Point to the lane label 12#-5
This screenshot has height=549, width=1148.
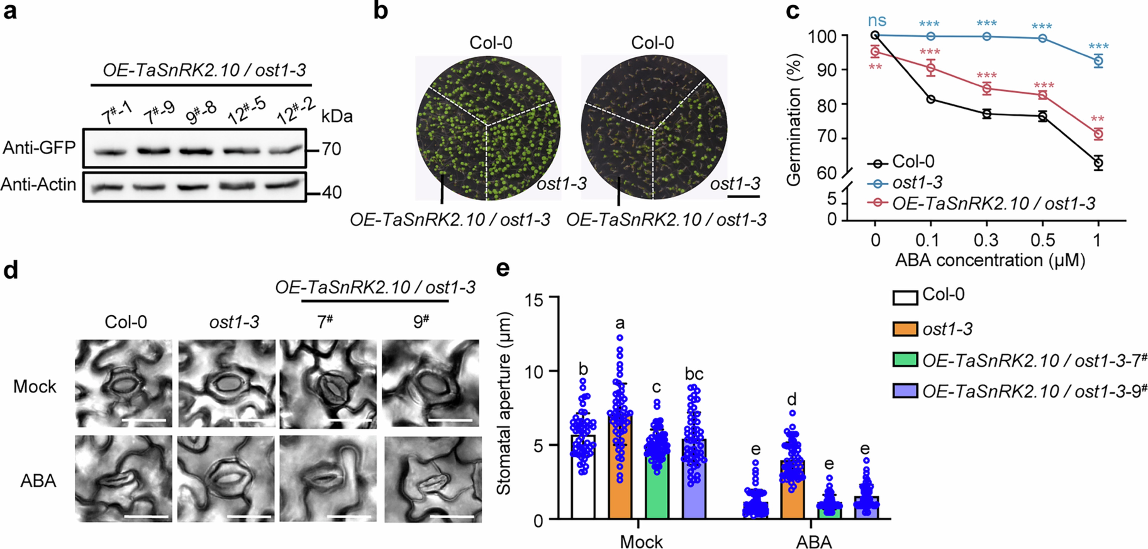246,111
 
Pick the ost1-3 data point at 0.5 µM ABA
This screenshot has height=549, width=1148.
1042,38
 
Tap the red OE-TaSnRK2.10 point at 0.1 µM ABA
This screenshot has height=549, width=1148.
931,68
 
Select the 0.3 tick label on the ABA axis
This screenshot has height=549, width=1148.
986,241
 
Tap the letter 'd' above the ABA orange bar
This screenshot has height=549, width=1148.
792,400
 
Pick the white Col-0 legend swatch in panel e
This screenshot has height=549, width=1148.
905,297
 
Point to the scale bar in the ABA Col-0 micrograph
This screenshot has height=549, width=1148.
147,517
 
